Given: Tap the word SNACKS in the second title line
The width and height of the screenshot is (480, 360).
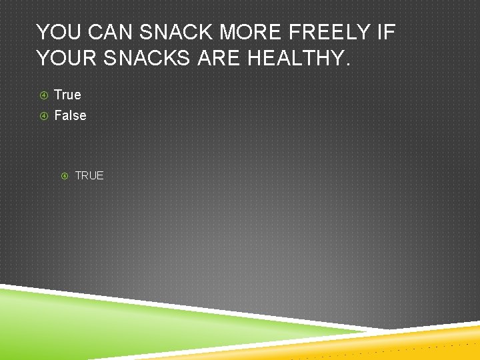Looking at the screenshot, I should point(149,58).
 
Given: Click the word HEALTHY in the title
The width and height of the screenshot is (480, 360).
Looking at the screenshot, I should point(293,58).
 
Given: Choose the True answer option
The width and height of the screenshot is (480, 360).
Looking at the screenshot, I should point(67,95).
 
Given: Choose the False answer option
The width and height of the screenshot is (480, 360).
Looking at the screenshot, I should point(70,115).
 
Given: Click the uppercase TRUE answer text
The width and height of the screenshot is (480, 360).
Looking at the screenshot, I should point(89,175).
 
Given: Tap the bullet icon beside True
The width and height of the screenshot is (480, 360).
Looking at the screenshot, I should point(43,95).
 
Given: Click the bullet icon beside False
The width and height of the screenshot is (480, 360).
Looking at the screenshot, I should point(43,115).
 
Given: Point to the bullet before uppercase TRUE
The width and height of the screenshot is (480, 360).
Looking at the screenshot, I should point(65,176).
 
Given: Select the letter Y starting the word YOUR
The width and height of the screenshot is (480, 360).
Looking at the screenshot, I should point(43,58).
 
